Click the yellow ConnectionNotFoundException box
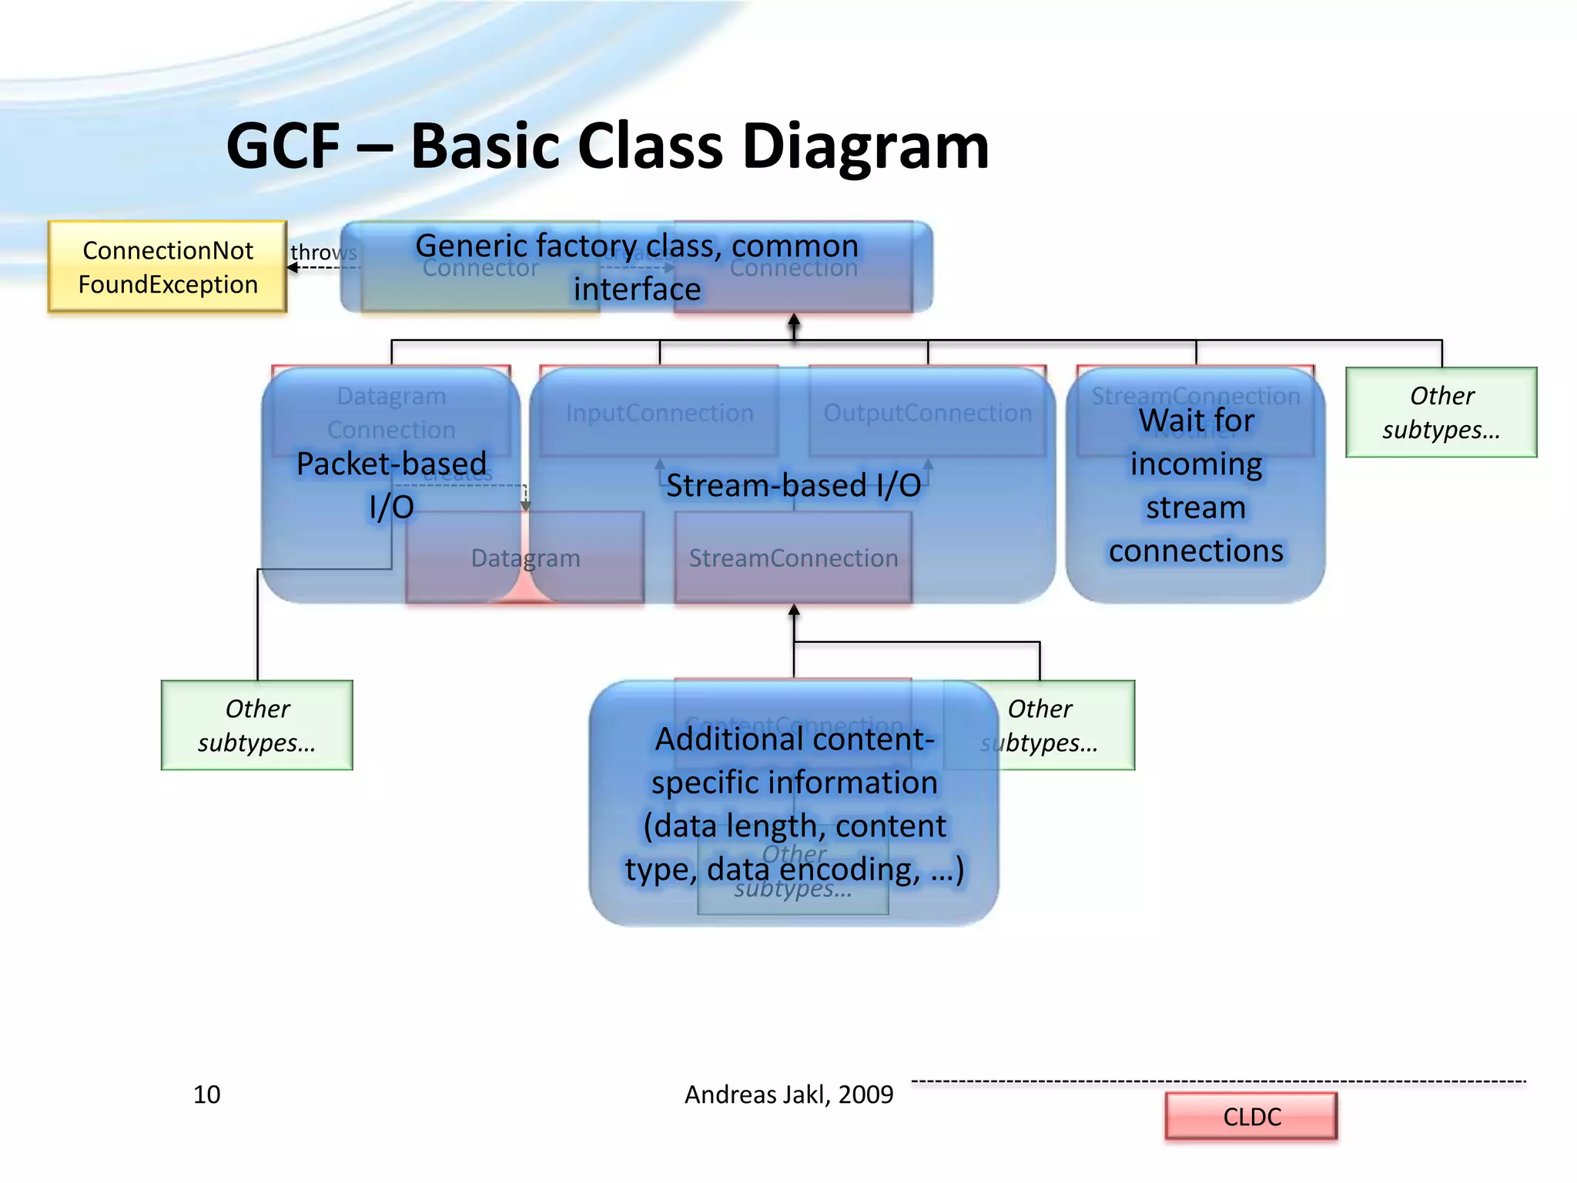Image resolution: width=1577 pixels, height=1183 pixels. coord(167,266)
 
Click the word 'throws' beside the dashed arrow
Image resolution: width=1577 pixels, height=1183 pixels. coord(323,252)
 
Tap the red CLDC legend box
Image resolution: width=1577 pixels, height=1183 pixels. coord(1251,1116)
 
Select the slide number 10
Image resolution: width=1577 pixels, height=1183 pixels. coord(206,1094)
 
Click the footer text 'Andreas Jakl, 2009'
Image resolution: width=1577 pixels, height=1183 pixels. coord(788,1094)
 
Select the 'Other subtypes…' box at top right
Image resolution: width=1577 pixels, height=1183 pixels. coord(1441,412)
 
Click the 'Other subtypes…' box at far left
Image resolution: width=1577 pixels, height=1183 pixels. coord(256,725)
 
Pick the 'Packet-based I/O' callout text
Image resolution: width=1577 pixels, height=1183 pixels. coord(391,484)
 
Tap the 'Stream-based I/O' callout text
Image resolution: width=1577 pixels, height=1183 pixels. coord(793,485)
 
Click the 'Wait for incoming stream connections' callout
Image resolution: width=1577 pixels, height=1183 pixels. coord(1195,485)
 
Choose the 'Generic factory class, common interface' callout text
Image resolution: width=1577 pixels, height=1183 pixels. coord(637,266)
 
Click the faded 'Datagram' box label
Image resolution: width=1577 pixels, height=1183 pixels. coord(525,558)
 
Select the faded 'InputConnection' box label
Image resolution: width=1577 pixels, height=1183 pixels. coord(659,413)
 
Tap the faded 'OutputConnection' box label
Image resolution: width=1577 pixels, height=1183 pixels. coord(927,413)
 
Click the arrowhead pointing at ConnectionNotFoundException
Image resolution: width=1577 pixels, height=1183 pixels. coord(292,267)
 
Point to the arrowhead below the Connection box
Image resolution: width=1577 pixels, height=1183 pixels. coord(794,319)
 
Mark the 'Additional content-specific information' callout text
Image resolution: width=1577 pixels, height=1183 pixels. coord(794,803)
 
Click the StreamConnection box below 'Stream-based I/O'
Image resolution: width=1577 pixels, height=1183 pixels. coord(793,558)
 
